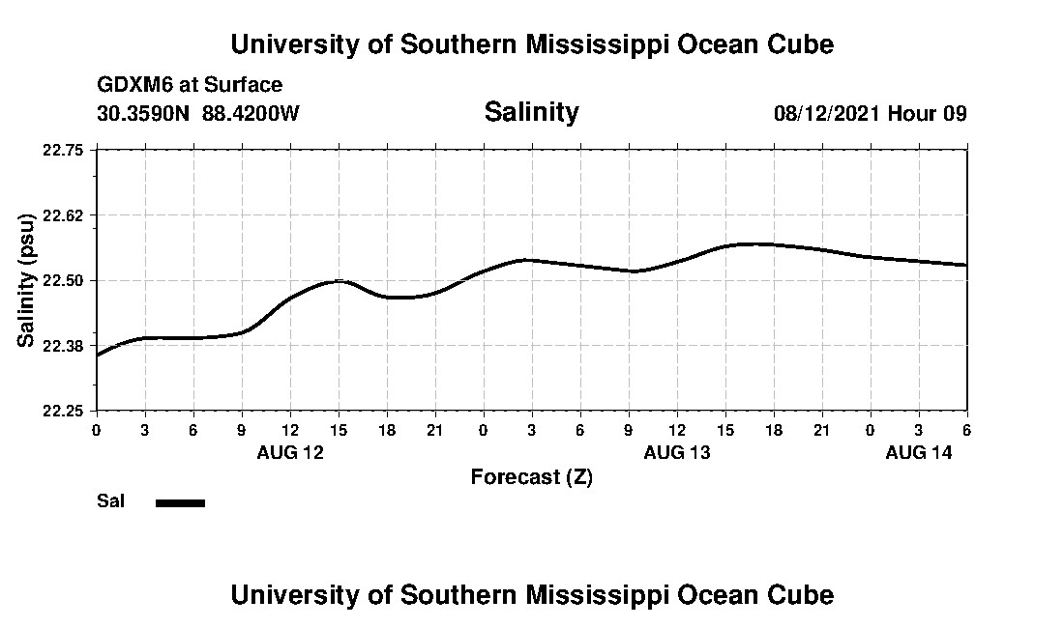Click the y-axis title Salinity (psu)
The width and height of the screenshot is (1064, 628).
point(26,280)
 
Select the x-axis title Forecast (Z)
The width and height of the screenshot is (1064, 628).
point(531,476)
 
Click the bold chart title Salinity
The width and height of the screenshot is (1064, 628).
point(531,112)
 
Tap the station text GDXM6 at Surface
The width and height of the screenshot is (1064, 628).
point(190,85)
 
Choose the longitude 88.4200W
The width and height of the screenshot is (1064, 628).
point(251,113)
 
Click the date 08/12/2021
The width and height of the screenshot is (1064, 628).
point(827,113)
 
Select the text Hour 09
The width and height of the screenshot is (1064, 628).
point(928,113)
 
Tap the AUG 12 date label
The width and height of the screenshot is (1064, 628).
point(290,452)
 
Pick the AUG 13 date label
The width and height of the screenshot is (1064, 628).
point(677,452)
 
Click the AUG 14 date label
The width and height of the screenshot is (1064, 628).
point(919,452)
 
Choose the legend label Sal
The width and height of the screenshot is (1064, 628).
point(110,501)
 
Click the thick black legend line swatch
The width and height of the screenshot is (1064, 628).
point(180,502)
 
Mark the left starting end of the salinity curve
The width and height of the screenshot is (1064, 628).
point(98,355)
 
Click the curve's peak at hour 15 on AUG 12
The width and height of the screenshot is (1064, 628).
point(339,280)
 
